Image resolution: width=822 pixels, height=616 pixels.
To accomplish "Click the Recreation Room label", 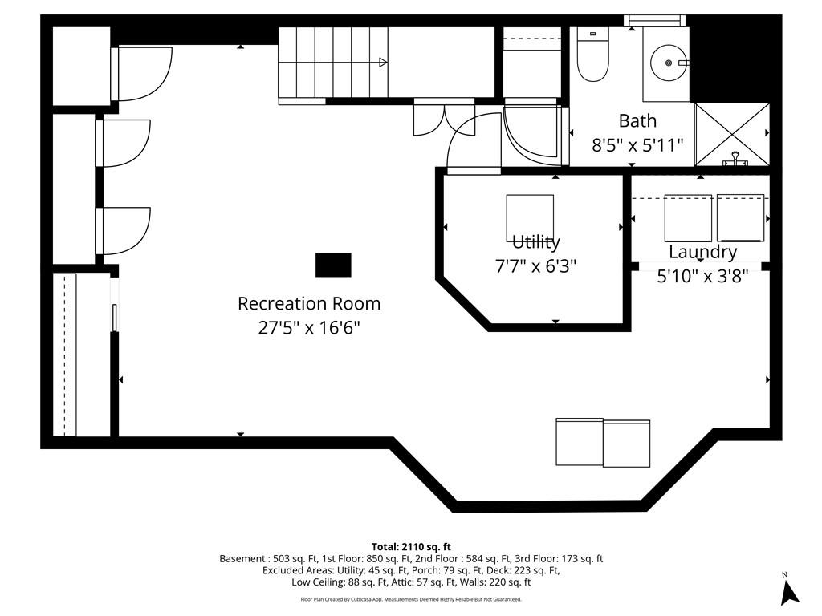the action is (309, 304).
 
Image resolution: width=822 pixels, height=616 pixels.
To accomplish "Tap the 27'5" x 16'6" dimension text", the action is (309, 328).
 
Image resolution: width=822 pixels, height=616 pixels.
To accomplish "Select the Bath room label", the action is (637, 121).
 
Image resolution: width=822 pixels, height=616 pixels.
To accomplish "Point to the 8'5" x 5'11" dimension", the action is (637, 144).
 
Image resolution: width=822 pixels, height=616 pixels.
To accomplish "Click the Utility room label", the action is (535, 242).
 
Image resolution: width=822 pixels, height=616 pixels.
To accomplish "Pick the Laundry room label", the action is (702, 252).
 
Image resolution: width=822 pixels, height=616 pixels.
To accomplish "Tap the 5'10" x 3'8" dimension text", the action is (702, 276).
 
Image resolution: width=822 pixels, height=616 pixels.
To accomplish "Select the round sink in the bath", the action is (669, 63).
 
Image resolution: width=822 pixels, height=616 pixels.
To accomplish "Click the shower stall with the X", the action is (732, 135).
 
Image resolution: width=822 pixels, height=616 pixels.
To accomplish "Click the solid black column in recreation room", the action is (333, 265).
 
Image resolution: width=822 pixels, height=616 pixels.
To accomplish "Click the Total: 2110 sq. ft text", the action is (411, 547).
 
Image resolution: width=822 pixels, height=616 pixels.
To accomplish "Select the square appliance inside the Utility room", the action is (530, 218).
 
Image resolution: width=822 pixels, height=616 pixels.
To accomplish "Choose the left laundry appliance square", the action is (688, 218).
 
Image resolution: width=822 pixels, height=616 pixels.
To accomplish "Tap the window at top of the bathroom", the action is (655, 20).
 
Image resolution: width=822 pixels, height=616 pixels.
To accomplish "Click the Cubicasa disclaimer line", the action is (411, 599).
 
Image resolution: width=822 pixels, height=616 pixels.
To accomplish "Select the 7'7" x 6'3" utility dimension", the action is (535, 266).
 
